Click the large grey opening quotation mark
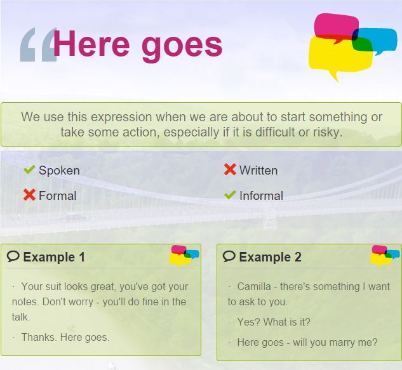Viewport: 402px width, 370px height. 39,44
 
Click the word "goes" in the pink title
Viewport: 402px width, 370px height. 182,46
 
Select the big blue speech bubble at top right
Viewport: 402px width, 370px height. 374,41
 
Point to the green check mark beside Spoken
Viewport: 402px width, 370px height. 29,169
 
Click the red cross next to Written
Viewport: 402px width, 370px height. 230,169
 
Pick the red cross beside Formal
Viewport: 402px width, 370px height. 29,195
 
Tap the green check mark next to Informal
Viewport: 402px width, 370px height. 230,195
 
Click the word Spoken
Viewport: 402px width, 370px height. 59,171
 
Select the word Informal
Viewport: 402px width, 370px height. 261,195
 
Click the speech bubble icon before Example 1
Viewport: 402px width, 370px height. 13,256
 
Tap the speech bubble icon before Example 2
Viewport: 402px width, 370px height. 229,256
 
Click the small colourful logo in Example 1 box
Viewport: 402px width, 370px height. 184,256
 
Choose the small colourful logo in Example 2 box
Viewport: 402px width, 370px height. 385,256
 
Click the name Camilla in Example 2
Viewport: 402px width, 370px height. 254,286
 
